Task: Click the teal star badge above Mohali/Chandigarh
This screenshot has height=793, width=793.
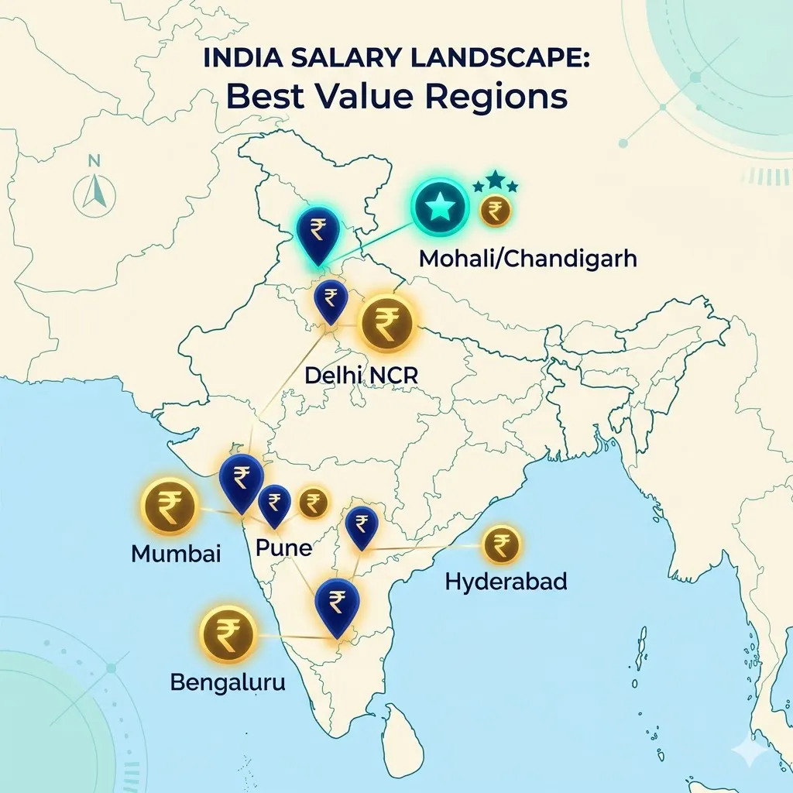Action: [439, 207]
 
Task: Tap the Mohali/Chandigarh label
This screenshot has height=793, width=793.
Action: [527, 259]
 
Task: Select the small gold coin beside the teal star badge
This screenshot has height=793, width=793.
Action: [496, 211]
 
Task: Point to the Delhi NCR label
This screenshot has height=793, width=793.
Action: [361, 375]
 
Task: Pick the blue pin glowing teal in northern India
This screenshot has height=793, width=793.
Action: [318, 233]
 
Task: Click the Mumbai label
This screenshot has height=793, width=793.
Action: [176, 554]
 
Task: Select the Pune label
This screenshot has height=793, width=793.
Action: [283, 548]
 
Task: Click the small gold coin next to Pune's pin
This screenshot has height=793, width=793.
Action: [313, 503]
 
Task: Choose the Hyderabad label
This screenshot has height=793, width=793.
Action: [506, 581]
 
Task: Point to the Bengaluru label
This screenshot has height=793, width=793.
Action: [228, 683]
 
